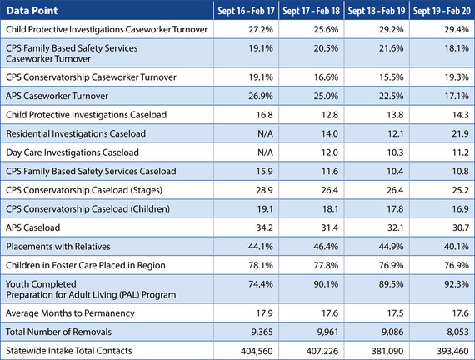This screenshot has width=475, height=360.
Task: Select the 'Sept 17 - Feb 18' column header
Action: coord(307,9)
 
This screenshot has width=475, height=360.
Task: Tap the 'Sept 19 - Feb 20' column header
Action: coord(437,9)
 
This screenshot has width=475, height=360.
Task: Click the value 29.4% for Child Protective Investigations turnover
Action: coord(443,28)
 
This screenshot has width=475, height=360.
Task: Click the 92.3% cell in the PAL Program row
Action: coord(443,288)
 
